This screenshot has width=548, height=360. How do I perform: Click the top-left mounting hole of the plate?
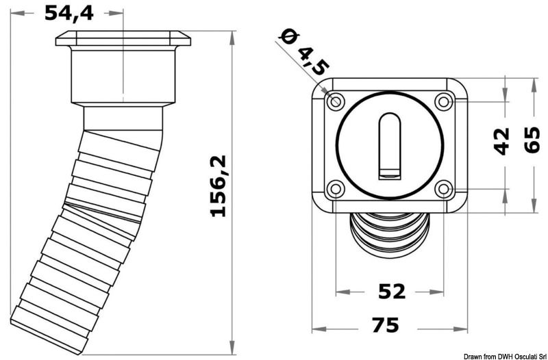pyautogui.click(x=336, y=102)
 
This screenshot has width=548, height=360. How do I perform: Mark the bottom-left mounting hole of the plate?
pyautogui.click(x=336, y=189)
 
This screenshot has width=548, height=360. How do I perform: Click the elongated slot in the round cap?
pyautogui.click(x=390, y=145)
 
